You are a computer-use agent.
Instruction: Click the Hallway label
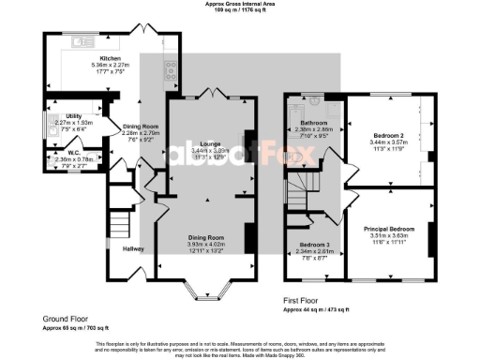(133, 248)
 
